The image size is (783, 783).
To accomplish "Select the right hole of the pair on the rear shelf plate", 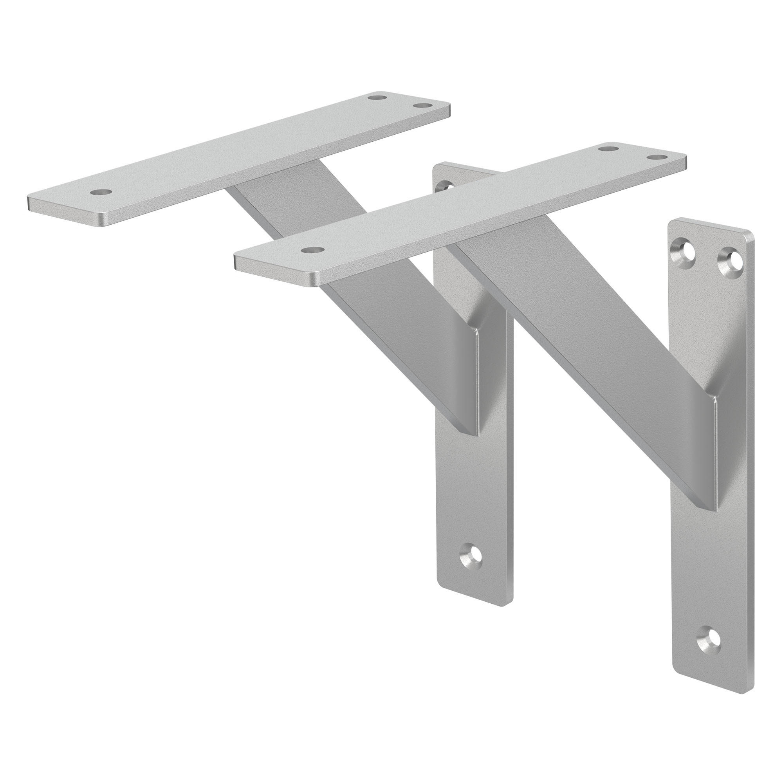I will [x=422, y=105].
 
